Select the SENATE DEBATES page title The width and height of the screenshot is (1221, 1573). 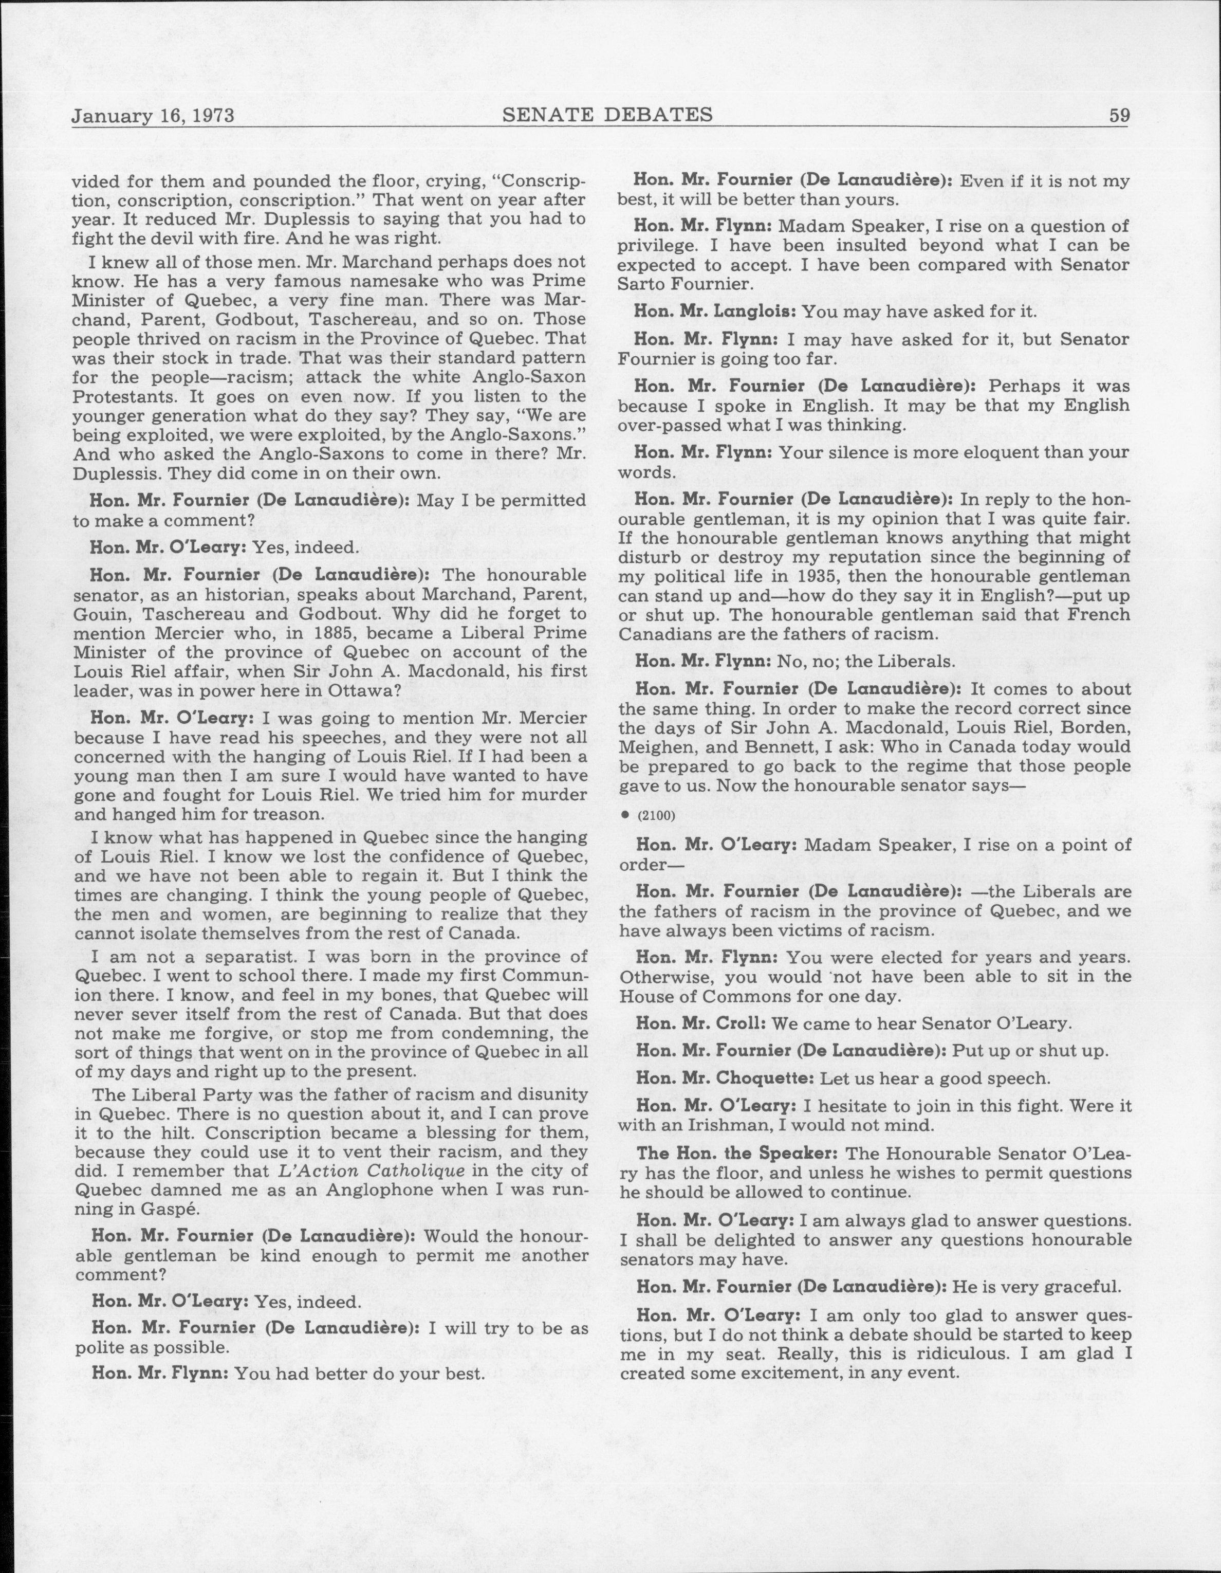[607, 115]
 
